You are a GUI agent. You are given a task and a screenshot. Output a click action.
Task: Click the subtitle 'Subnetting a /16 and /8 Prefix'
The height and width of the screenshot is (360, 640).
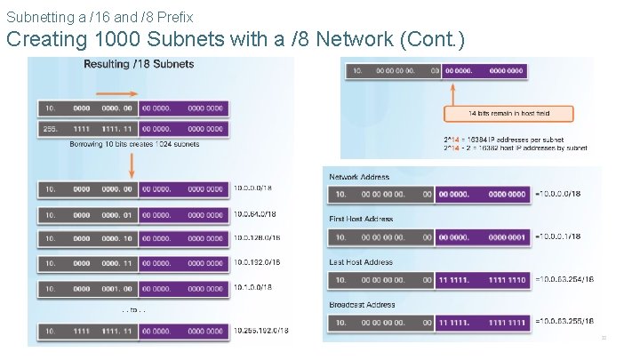pyautogui.click(x=100, y=16)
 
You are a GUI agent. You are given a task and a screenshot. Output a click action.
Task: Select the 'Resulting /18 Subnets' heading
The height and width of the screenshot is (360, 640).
pyautogui.click(x=139, y=64)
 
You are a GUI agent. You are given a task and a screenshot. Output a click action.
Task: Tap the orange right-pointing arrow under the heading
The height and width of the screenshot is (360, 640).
pyautogui.click(x=115, y=92)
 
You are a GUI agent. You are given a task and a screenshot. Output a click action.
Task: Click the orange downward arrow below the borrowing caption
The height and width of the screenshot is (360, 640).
pyautogui.click(x=132, y=165)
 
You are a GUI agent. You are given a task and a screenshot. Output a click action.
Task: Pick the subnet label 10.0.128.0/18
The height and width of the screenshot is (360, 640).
pyautogui.click(x=258, y=238)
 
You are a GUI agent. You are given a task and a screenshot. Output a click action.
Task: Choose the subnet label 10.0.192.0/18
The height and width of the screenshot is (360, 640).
pyautogui.click(x=258, y=263)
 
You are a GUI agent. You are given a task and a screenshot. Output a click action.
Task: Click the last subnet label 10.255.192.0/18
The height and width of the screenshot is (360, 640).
pyautogui.click(x=261, y=332)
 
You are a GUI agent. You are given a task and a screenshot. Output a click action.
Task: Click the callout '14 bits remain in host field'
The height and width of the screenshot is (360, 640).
pyautogui.click(x=509, y=114)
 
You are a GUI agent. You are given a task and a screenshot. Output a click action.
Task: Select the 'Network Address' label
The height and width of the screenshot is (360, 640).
pyautogui.click(x=359, y=177)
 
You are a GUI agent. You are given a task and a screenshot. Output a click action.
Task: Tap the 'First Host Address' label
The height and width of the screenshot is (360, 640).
pyautogui.click(x=362, y=219)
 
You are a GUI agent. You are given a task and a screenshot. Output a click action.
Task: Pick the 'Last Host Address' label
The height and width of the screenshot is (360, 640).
pyautogui.click(x=361, y=262)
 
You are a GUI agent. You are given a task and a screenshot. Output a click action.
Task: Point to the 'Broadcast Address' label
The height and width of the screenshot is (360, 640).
pyautogui.click(x=363, y=305)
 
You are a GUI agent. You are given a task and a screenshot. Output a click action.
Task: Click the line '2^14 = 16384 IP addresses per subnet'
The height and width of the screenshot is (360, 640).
pyautogui.click(x=503, y=140)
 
